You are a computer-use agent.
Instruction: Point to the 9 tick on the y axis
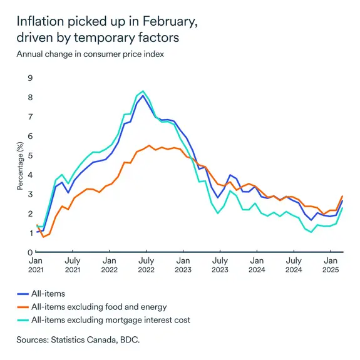coord(29,78)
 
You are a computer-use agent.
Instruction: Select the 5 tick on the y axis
coord(29,155)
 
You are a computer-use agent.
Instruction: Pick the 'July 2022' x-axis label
coord(146,264)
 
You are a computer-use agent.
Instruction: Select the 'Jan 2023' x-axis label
coord(183,264)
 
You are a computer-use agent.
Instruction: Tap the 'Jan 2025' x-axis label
coord(330,264)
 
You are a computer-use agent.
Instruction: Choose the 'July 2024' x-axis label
coord(293,264)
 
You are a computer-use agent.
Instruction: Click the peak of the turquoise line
coord(143,91)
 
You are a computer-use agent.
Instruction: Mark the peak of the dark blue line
coord(143,96)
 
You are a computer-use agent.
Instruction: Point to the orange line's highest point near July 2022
coord(149,145)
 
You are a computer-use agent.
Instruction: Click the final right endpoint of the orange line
coord(342,197)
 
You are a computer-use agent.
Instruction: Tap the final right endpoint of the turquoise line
coord(342,208)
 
